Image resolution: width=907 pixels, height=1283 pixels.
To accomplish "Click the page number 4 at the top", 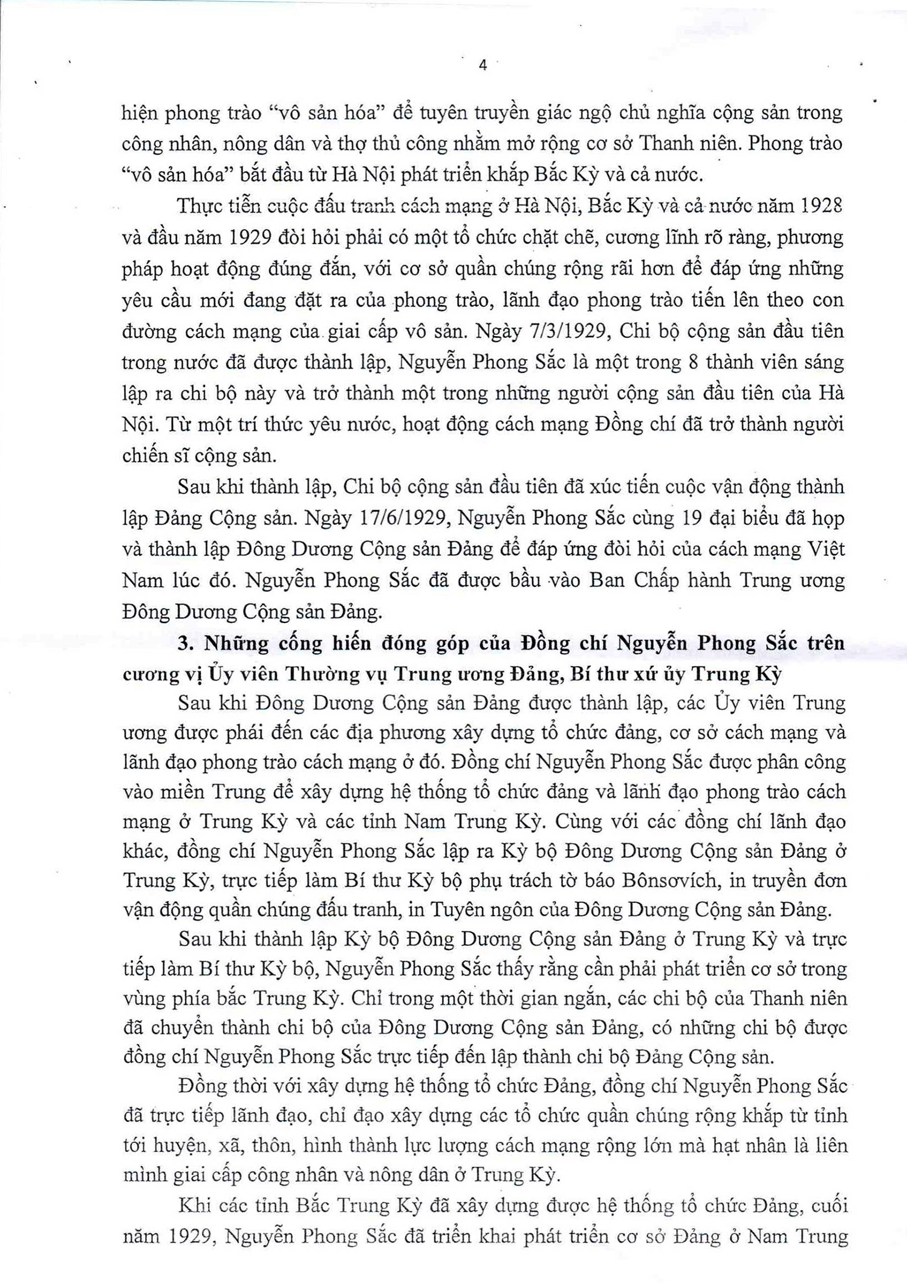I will [483, 65].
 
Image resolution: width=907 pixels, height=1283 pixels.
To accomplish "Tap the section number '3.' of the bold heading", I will [186, 643].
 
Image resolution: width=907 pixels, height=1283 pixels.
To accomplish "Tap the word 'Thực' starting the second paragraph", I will [197, 206].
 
